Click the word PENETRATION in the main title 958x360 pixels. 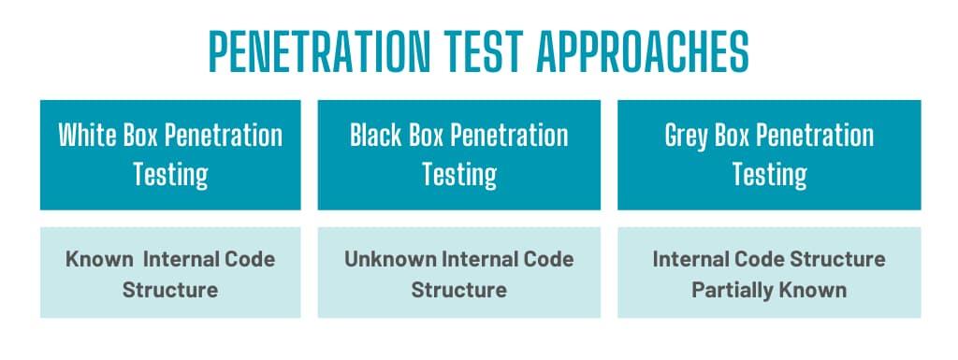click(320, 51)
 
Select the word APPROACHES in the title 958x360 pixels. click(643, 51)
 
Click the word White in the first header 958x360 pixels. click(88, 135)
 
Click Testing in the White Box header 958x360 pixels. click(170, 175)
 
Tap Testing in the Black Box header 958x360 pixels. click(459, 175)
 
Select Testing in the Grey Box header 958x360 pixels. click(769, 175)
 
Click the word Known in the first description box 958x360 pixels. click(99, 259)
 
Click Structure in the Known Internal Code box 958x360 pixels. click(170, 290)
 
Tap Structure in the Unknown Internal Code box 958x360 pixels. click(458, 290)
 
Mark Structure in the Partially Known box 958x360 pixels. click(837, 259)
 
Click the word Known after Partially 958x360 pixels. click(813, 290)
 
